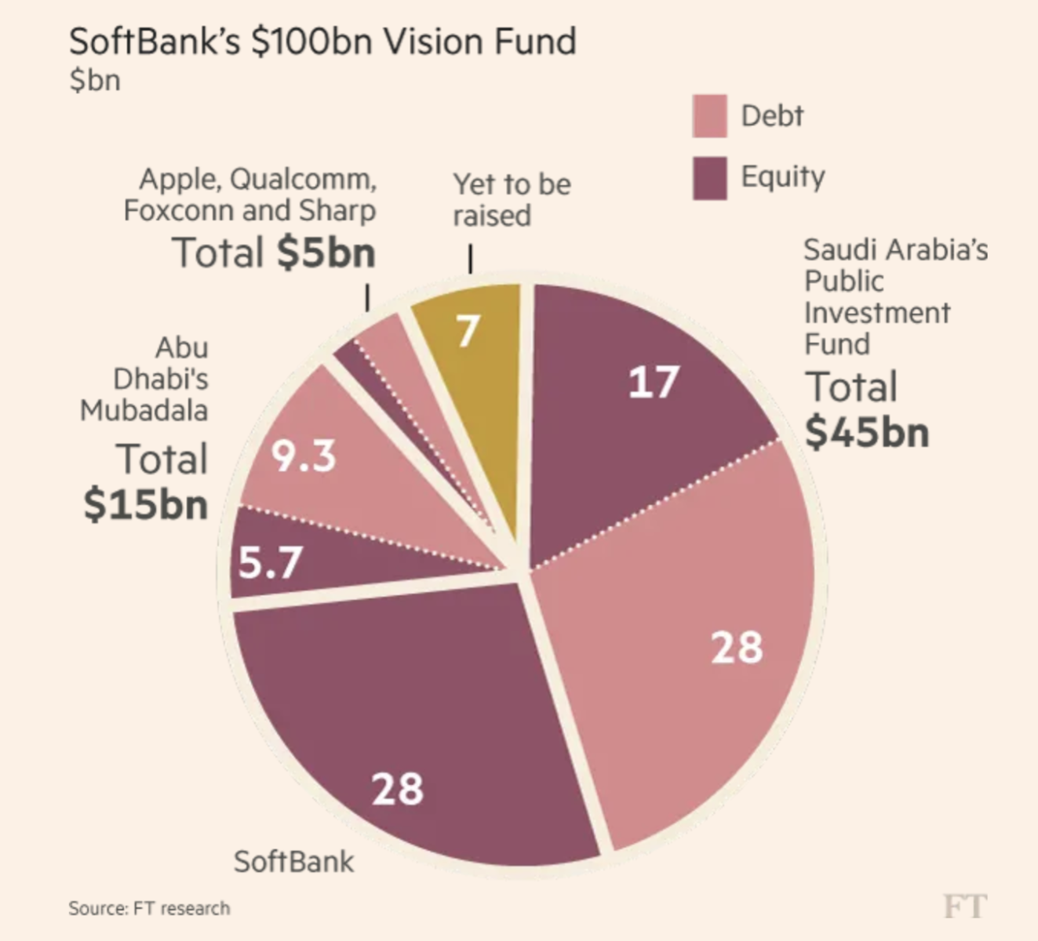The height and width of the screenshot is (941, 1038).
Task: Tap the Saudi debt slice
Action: coord(690,643)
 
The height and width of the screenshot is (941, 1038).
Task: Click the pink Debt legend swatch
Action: coord(709,116)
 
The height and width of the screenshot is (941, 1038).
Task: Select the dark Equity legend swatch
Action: coord(709,178)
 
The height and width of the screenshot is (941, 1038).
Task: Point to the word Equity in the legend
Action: coord(782,177)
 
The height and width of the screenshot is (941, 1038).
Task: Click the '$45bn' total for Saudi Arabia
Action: coord(867,432)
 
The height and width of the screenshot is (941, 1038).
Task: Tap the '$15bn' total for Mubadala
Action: coord(146,504)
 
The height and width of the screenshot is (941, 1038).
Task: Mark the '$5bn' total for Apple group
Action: coord(326,253)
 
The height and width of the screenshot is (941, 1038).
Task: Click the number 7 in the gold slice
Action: coord(468,331)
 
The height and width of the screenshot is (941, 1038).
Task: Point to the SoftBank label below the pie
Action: coord(293,861)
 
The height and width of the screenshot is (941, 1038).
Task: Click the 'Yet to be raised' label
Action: coord(511,200)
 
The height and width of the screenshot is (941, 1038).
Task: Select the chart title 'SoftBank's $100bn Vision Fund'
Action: coord(322,42)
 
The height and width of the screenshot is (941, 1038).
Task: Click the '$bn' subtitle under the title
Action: coord(94,80)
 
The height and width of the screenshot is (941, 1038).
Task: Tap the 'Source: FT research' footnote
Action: coord(149,908)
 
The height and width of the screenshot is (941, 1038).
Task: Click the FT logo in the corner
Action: coord(964,906)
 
